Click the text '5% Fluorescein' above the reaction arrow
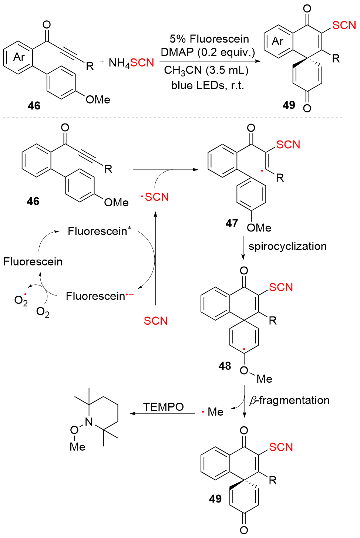(209, 39)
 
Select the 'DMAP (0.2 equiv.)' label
(208, 52)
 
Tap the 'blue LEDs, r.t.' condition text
(207, 85)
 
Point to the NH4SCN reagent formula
(131, 63)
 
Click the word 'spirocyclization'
(287, 246)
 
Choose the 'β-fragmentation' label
(289, 400)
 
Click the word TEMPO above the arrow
(163, 407)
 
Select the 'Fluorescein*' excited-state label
(99, 231)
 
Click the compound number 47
(232, 223)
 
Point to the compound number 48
(225, 366)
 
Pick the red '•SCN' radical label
(155, 197)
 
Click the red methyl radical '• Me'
(213, 412)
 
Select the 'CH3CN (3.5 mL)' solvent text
(206, 70)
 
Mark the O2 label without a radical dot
(43, 312)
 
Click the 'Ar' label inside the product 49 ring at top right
(277, 41)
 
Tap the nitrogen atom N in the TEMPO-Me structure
(89, 422)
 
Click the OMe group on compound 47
(259, 228)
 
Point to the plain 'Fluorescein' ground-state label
(33, 262)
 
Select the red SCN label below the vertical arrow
(156, 321)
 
